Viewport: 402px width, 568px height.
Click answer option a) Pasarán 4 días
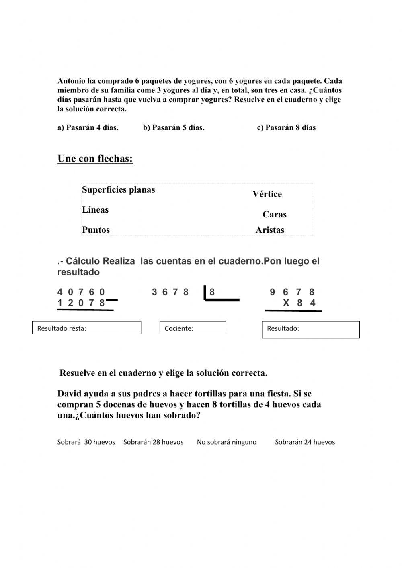(x=88, y=128)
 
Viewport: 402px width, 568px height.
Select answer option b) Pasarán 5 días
(x=173, y=128)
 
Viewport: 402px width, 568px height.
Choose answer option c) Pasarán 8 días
(x=286, y=128)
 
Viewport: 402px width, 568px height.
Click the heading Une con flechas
(x=95, y=159)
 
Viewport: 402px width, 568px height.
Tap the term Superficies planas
(x=118, y=190)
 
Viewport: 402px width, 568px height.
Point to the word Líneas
(x=95, y=210)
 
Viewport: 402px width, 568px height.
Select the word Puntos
(x=96, y=230)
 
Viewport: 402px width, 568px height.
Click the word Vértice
(x=267, y=194)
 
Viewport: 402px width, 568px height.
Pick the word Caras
(x=274, y=215)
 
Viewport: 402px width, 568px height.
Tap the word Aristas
(x=270, y=230)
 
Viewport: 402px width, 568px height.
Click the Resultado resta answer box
(x=86, y=328)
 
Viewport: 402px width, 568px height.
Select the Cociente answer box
(x=193, y=328)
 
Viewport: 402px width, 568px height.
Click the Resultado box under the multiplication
(x=310, y=330)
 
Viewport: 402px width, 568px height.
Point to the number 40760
(x=81, y=292)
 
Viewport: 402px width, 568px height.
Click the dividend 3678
(x=170, y=292)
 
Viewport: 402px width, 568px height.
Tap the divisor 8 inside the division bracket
(x=212, y=292)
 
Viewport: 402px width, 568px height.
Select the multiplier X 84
(x=299, y=303)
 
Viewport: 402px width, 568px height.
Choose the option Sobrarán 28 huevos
(x=153, y=442)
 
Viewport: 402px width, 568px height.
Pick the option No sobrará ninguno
(x=226, y=442)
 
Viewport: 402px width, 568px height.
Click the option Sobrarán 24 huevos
(x=305, y=442)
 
